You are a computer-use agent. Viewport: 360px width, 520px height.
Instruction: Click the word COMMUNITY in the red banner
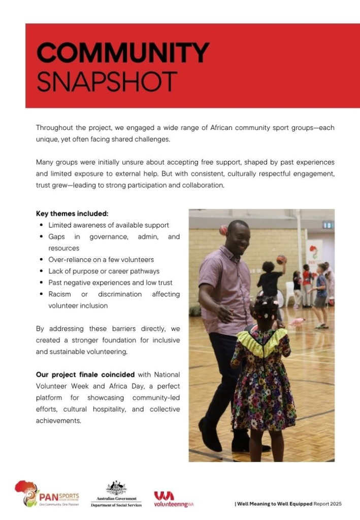click(x=123, y=52)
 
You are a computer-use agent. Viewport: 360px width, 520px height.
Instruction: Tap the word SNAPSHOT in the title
click(x=107, y=81)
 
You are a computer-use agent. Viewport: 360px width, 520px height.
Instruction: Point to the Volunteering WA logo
click(x=174, y=498)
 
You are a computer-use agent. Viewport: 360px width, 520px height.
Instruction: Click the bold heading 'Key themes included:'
click(x=72, y=213)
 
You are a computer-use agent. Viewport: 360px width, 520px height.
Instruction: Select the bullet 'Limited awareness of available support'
click(x=109, y=225)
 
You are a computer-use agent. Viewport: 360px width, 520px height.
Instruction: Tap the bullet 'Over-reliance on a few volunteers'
click(x=101, y=259)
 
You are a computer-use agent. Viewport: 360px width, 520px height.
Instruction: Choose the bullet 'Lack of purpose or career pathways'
click(x=104, y=271)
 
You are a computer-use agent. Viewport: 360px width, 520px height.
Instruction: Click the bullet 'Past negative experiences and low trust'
click(x=110, y=283)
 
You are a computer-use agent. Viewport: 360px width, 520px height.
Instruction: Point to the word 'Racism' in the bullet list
click(x=59, y=295)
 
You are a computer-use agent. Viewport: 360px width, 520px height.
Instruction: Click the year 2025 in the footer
click(x=335, y=504)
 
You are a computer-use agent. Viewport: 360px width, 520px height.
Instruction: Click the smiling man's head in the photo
click(x=238, y=237)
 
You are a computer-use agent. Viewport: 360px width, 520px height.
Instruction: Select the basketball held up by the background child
click(x=281, y=260)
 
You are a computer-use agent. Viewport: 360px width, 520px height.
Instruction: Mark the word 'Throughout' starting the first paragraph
click(x=53, y=127)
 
